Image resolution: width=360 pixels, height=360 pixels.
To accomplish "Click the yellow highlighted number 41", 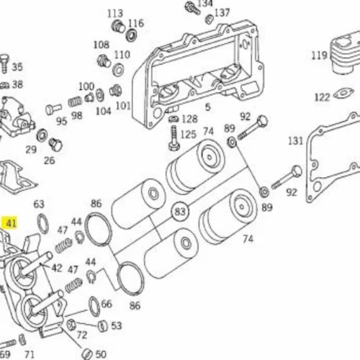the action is [x=10, y=223].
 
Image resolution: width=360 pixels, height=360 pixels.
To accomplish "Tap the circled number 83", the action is [x=180, y=212].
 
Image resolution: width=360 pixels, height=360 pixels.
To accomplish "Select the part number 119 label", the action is [x=319, y=55].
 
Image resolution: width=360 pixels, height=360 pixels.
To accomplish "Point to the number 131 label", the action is [x=296, y=141].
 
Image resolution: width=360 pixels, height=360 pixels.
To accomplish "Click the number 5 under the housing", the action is [x=208, y=107].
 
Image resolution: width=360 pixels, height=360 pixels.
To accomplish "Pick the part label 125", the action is [x=188, y=135].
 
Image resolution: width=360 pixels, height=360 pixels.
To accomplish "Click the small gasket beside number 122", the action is [x=343, y=94].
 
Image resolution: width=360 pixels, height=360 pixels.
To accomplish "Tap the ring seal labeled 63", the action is [x=43, y=224].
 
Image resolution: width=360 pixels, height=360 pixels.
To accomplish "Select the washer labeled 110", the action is [x=118, y=69].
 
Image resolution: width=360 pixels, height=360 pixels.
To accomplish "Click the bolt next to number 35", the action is [x=4, y=63].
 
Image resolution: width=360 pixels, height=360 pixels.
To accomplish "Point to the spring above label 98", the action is [x=75, y=102].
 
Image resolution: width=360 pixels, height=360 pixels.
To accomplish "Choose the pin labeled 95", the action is [x=53, y=109].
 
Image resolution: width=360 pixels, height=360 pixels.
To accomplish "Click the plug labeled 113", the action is [x=119, y=26].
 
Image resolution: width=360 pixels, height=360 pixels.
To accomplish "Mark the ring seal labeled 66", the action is [x=94, y=307].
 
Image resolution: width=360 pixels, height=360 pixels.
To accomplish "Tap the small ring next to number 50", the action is [x=87, y=354].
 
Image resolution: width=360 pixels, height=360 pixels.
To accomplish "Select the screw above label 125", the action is [x=174, y=138].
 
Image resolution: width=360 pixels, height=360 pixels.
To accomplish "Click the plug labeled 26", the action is [x=55, y=145].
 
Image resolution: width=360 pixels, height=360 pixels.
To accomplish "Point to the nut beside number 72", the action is [x=71, y=325].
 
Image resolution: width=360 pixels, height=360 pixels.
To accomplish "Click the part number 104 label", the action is [x=104, y=111].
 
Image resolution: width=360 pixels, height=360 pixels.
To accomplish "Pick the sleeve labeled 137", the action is [x=210, y=19].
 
